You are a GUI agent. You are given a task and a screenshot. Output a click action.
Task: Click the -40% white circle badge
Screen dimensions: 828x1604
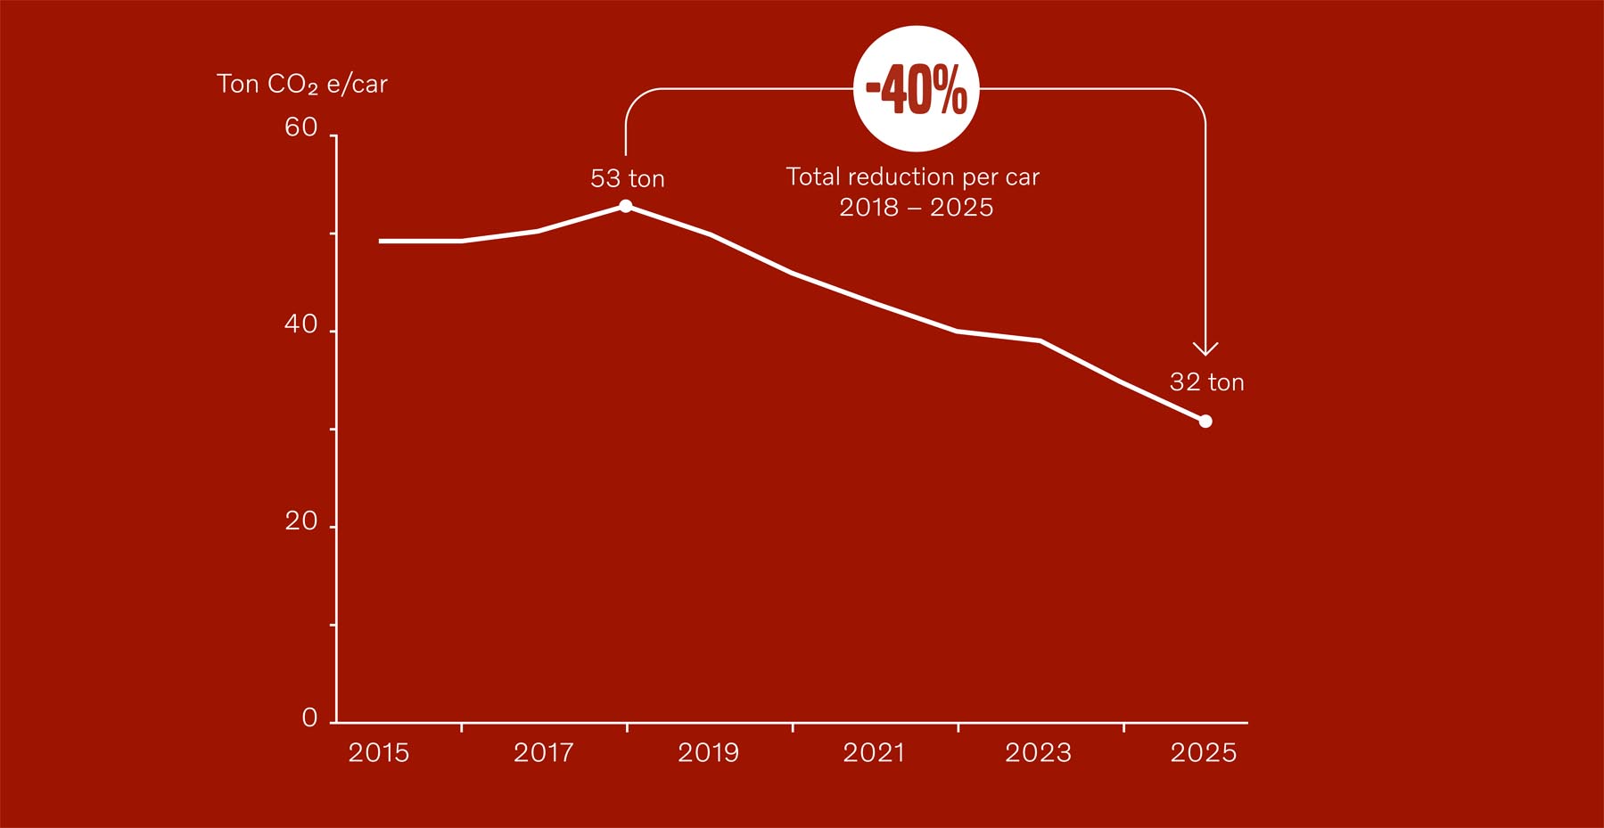pyautogui.click(x=917, y=88)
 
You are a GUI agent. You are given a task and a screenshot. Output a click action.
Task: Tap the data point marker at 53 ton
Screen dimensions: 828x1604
pyautogui.click(x=626, y=206)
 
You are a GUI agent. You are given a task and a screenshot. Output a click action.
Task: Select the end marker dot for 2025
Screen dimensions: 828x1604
pyautogui.click(x=1205, y=422)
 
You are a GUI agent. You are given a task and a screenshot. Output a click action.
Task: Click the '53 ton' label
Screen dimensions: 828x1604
pyautogui.click(x=628, y=179)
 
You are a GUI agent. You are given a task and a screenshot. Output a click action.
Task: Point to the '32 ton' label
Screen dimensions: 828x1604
pyautogui.click(x=1206, y=382)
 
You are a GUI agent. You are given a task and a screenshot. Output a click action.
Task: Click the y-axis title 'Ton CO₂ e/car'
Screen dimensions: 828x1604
pyautogui.click(x=302, y=85)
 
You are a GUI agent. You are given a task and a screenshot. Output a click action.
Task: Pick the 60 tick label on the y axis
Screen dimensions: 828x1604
pyautogui.click(x=301, y=128)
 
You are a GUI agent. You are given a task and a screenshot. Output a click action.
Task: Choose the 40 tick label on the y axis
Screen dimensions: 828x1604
pyautogui.click(x=301, y=324)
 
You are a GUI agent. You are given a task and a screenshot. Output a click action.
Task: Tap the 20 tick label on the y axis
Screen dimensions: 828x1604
pyautogui.click(x=301, y=521)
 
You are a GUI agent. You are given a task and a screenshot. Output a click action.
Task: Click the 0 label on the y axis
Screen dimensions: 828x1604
pyautogui.click(x=309, y=718)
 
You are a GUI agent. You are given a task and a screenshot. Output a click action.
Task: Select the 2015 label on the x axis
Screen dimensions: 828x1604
pyautogui.click(x=379, y=753)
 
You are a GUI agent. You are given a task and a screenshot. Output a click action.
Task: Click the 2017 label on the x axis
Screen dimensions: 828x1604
pyautogui.click(x=544, y=753)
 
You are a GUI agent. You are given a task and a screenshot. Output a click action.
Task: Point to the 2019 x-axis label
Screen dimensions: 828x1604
pyautogui.click(x=709, y=753)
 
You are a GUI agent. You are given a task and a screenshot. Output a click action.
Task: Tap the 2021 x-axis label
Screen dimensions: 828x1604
pyautogui.click(x=874, y=753)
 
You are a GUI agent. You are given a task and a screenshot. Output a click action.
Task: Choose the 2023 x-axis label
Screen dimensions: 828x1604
pyautogui.click(x=1039, y=753)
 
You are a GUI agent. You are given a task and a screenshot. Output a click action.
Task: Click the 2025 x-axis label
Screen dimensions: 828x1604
pyautogui.click(x=1204, y=753)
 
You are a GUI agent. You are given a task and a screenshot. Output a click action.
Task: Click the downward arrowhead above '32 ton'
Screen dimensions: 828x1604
pyautogui.click(x=1205, y=349)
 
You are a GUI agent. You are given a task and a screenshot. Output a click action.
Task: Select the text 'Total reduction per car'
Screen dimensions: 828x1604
pyautogui.click(x=913, y=176)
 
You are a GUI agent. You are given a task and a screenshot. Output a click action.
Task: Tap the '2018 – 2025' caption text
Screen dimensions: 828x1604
pyautogui.click(x=917, y=208)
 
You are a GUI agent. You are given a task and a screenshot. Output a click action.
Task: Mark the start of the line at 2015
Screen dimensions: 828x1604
pyautogui.click(x=382, y=241)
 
